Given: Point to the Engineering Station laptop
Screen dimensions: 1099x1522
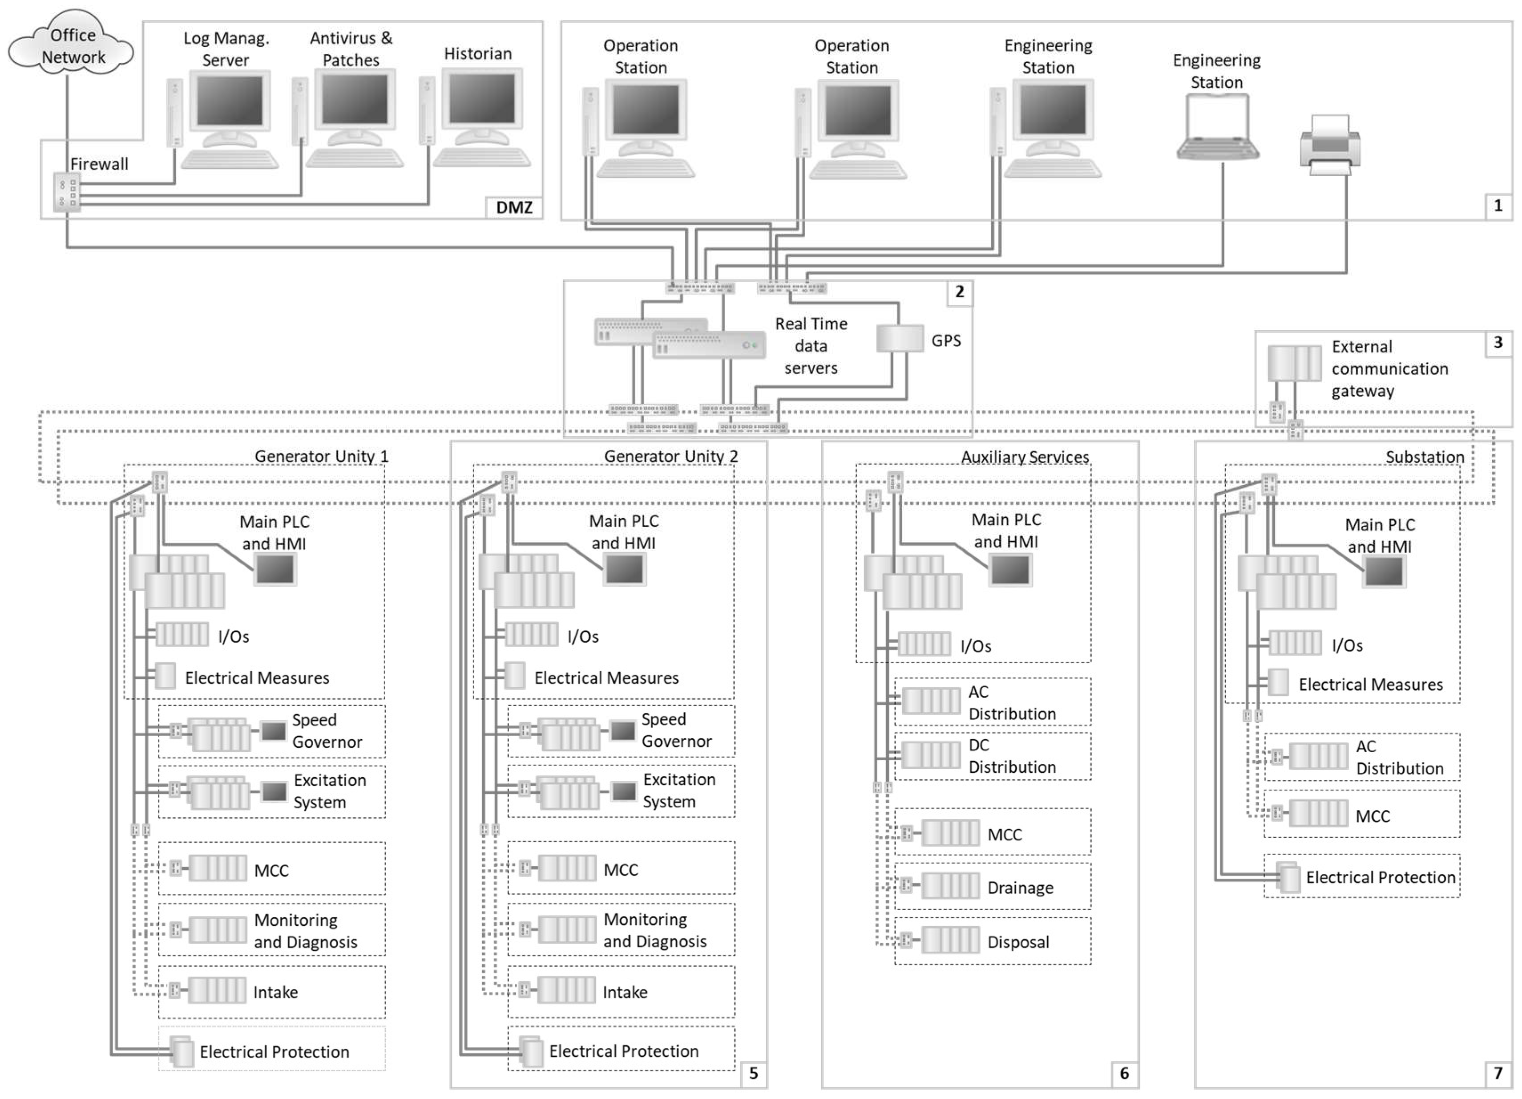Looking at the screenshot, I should [x=1217, y=128].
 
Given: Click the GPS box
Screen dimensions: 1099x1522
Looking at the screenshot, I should [x=899, y=339].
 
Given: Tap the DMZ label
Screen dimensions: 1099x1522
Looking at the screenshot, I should [x=514, y=207].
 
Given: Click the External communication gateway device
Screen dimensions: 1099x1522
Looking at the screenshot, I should [x=1294, y=363].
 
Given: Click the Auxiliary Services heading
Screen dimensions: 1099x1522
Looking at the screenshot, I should [x=1025, y=457].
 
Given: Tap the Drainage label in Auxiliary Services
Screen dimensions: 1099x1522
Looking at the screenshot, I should [x=1020, y=888].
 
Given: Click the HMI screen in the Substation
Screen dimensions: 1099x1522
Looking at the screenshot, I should [x=1383, y=572].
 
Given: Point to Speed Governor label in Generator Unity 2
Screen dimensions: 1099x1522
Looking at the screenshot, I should [x=676, y=730].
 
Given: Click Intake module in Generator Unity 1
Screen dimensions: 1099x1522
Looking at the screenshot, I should [x=217, y=991].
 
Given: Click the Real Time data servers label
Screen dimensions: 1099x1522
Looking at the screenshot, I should [x=811, y=346].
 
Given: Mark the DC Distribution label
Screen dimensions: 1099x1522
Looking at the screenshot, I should [x=1011, y=756].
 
